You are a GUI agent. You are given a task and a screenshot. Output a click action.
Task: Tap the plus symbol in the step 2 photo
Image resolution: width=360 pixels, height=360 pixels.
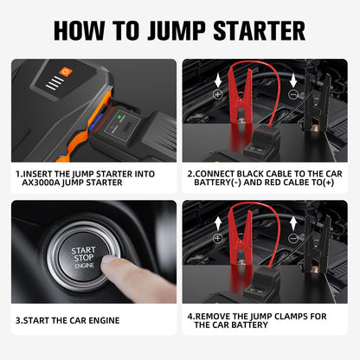coord(217,93)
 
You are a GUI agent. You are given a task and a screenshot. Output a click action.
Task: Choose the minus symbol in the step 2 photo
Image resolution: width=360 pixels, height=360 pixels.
coord(292,94)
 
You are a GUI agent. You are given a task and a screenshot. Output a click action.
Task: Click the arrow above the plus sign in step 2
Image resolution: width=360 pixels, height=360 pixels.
coord(217,78)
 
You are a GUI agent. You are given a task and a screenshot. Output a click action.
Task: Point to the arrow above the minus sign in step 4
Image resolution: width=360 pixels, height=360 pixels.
coord(292,221)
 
